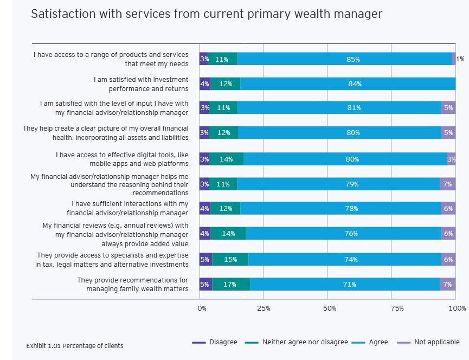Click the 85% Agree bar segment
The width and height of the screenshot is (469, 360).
[x=344, y=59]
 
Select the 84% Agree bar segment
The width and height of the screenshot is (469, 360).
[x=348, y=84]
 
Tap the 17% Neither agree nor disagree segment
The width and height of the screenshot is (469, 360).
[x=231, y=284]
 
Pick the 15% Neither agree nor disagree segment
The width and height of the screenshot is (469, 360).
[x=230, y=259]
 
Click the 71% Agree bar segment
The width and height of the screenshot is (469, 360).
[x=345, y=284]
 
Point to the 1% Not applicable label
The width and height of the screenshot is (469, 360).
[x=460, y=59]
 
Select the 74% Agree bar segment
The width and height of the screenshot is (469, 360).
[x=345, y=259]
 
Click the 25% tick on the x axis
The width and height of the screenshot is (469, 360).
[x=264, y=308]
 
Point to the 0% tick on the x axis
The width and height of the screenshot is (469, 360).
[x=202, y=308]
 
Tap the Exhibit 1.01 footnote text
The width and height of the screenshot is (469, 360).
[x=74, y=346]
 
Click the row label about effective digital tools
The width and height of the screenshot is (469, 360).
[x=122, y=159]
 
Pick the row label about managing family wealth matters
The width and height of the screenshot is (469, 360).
[x=132, y=284]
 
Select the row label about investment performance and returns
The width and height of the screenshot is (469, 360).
[x=141, y=84]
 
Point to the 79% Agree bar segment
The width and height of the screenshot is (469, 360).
[x=338, y=184]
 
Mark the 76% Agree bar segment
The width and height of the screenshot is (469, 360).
[x=343, y=234]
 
